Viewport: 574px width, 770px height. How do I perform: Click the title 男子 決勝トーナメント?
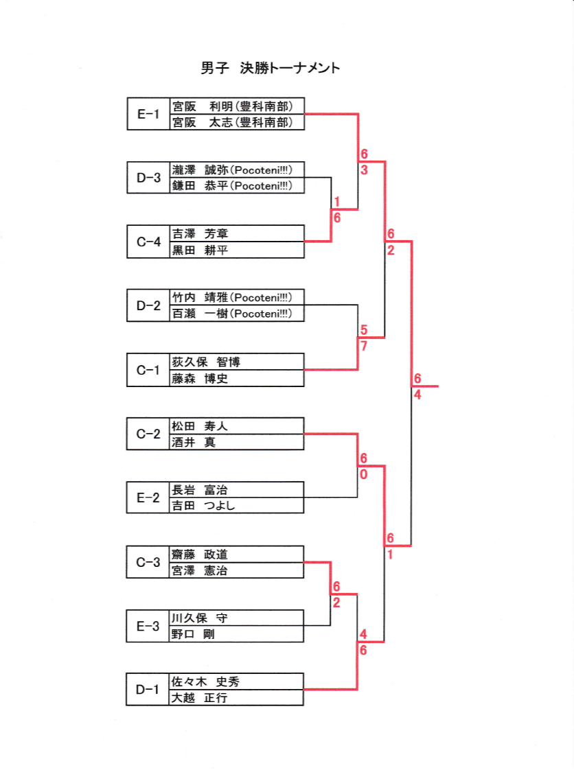pyautogui.click(x=271, y=68)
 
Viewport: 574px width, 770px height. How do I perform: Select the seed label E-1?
pyautogui.click(x=148, y=114)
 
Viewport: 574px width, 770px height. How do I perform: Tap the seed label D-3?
pyautogui.click(x=148, y=178)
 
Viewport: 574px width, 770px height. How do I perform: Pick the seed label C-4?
pyautogui.click(x=148, y=242)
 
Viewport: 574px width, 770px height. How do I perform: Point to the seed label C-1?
pyautogui.click(x=148, y=371)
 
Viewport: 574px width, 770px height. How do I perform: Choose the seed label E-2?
pyautogui.click(x=148, y=498)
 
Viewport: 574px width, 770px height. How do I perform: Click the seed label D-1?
pyautogui.click(x=148, y=690)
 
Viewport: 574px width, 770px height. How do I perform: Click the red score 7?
pyautogui.click(x=363, y=346)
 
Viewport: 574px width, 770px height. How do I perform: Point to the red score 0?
pyautogui.click(x=363, y=474)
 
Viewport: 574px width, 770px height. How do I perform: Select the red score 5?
pyautogui.click(x=363, y=330)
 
